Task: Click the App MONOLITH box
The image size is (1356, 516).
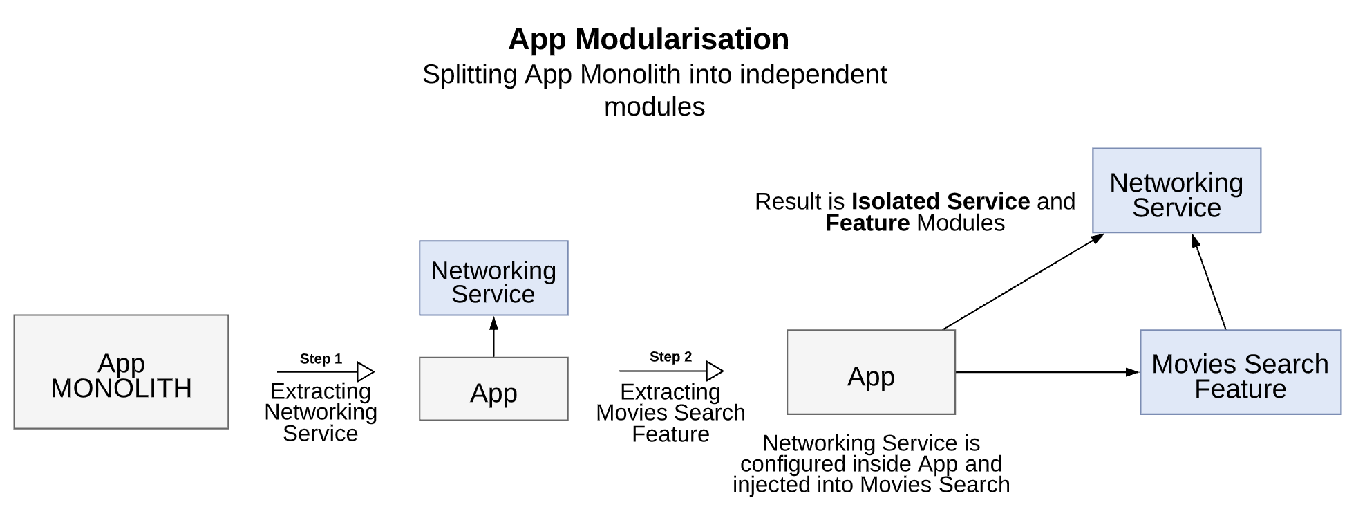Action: click(x=121, y=372)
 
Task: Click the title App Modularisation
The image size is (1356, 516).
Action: click(x=648, y=39)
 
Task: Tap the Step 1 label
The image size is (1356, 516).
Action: click(x=321, y=359)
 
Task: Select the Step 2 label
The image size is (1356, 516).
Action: click(x=670, y=357)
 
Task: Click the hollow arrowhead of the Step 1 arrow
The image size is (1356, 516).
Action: click(x=366, y=372)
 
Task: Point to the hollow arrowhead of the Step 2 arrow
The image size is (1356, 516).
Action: click(x=715, y=371)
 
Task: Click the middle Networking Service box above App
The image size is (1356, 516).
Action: click(x=493, y=278)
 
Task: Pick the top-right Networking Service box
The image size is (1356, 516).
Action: click(x=1176, y=190)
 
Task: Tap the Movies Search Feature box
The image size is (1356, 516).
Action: click(x=1240, y=372)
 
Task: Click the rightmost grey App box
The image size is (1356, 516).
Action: click(x=871, y=372)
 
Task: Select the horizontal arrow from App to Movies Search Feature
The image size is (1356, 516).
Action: click(x=1047, y=372)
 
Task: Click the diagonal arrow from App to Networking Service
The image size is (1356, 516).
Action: click(x=1023, y=282)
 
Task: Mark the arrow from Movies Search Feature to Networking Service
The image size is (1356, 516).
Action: click(x=1210, y=283)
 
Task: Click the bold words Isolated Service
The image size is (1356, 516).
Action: click(x=941, y=201)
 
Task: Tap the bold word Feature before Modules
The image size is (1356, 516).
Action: click(x=867, y=223)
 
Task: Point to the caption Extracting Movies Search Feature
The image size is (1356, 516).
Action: click(x=670, y=413)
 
